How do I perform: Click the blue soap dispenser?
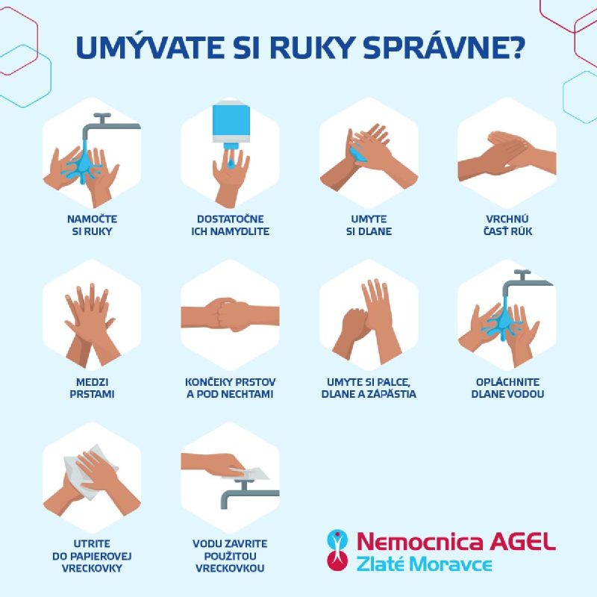(x=231, y=124)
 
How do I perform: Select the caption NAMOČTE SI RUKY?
(x=92, y=225)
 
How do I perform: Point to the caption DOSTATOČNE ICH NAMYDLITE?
(x=231, y=225)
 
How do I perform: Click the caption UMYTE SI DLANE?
(x=369, y=225)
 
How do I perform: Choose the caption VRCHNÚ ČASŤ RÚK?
(x=507, y=225)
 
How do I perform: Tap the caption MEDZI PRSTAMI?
(x=92, y=387)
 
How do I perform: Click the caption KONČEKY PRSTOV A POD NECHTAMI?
(x=231, y=387)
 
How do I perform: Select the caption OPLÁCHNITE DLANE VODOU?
(x=507, y=387)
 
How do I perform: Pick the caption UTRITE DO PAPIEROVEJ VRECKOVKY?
(x=92, y=556)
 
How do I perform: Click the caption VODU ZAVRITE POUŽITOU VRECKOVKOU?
(x=230, y=556)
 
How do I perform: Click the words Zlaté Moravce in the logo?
(x=424, y=564)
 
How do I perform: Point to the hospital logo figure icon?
(x=337, y=550)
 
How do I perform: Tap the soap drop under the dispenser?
(x=231, y=163)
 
